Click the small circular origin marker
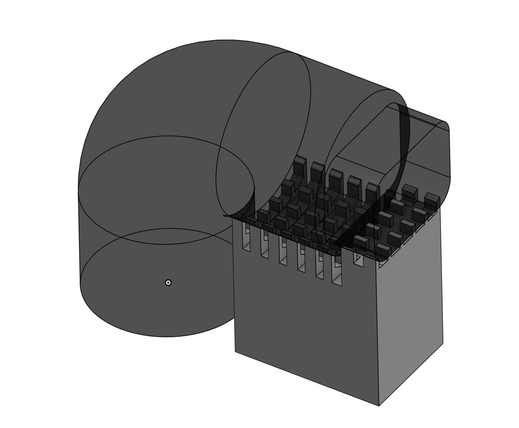[x=168, y=283]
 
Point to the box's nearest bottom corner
[x=379, y=406]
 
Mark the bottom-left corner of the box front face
[x=235, y=351]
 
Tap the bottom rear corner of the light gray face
[x=443, y=342]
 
